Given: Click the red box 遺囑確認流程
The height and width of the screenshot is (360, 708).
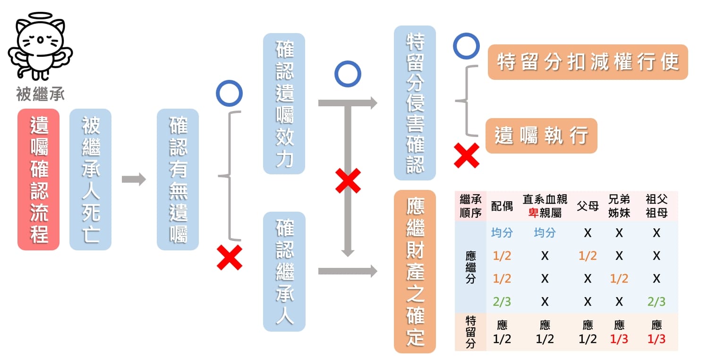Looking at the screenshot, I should point(38,180).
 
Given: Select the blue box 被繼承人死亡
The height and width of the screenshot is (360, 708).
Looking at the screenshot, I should point(90,180).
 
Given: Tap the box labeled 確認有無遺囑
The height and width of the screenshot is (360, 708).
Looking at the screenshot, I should point(178,180).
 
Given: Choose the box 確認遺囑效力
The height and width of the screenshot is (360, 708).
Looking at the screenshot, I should point(284,103).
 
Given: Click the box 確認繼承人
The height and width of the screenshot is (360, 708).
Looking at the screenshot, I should point(284,271).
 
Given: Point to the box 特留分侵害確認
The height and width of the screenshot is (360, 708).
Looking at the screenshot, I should point(415,103).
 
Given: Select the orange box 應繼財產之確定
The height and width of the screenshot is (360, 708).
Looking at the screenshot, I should point(415,271).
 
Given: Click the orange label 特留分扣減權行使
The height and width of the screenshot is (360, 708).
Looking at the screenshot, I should point(588,62).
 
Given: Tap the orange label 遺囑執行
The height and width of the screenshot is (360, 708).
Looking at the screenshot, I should point(541,136).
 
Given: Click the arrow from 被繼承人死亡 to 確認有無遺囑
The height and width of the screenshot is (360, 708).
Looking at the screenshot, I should point(134,180).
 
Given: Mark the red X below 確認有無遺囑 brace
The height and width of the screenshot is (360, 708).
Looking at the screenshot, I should point(230,257).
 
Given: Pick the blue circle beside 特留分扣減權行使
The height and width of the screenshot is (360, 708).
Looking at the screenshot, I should point(466,46).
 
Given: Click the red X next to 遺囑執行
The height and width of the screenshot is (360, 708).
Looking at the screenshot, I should point(467,155).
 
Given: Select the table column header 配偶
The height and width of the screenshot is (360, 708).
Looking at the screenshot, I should point(501,206).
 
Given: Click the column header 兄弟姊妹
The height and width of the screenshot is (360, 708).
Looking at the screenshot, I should point(619,206).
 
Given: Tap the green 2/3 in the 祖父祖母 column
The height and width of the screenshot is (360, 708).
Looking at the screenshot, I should point(656,301).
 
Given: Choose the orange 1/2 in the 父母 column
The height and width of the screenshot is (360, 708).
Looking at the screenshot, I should point(588,256).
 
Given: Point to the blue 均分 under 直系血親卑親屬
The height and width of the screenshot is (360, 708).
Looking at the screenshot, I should point(545,232).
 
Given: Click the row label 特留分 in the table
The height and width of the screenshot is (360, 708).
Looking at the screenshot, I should point(470,332).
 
